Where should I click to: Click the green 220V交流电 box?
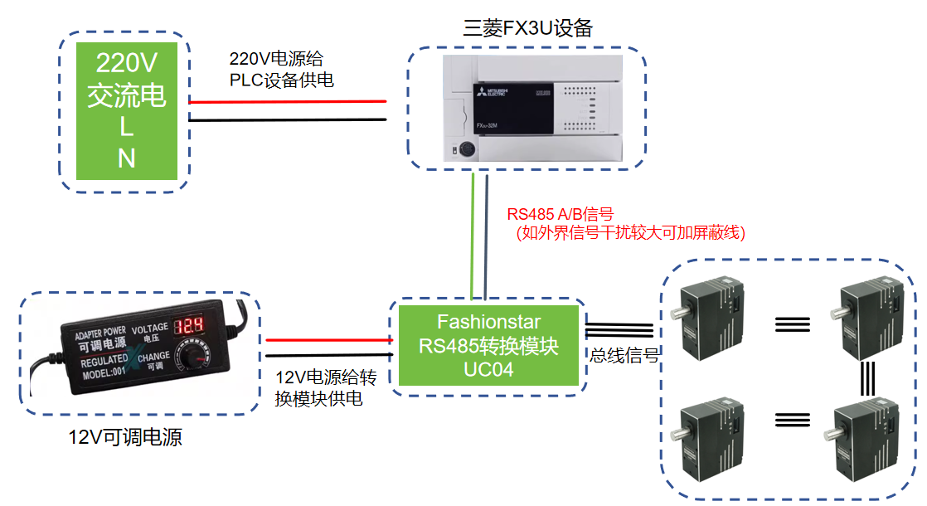(x=127, y=111)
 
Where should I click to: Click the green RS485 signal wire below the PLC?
(x=473, y=236)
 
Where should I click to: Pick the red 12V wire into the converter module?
(x=328, y=339)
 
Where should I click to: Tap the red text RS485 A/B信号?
(x=560, y=215)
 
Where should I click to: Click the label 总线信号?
(x=624, y=356)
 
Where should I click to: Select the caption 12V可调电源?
(x=125, y=437)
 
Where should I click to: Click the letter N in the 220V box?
(x=126, y=158)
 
